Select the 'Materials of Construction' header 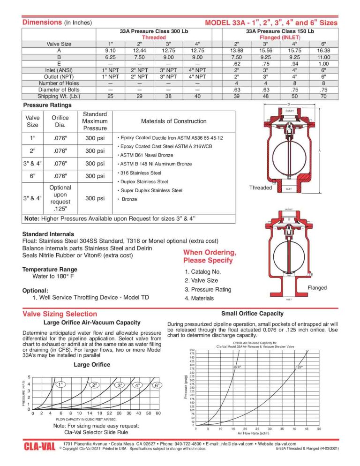click(x=173, y=121)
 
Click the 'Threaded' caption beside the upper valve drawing click(x=260, y=188)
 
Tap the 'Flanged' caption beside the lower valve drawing click(x=317, y=287)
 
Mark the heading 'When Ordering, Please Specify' click(x=208, y=256)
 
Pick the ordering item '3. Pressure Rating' click(x=208, y=289)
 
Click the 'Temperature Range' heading click(x=50, y=270)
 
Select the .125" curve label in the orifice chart click(x=299, y=367)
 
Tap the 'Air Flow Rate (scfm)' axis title click(x=257, y=434)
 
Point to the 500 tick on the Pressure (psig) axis click(x=191, y=350)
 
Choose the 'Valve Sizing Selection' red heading click(x=60, y=314)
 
